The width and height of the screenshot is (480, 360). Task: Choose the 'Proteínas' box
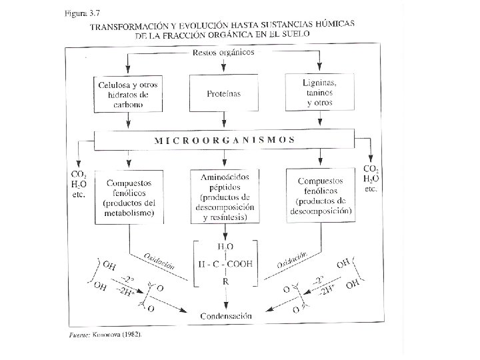point(224,94)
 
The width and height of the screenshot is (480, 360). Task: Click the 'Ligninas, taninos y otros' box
point(321,94)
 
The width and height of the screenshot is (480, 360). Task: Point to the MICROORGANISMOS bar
point(224,140)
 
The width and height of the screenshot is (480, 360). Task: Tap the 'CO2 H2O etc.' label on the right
point(371,178)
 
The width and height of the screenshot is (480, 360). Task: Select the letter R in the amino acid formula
point(225,282)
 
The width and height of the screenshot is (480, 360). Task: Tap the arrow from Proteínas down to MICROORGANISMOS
point(225,120)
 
